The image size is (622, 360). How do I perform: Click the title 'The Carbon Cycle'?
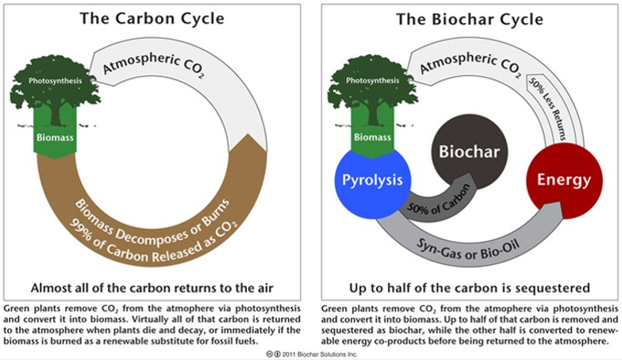coord(152,19)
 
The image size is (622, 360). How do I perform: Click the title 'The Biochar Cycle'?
coord(470,19)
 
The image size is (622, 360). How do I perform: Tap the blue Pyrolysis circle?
coord(372,181)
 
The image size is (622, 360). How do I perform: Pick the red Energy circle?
coord(564,181)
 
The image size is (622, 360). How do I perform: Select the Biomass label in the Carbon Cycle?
coord(55,138)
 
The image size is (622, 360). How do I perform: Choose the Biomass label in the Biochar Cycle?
coord(373,137)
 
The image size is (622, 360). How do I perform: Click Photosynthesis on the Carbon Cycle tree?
coord(56,81)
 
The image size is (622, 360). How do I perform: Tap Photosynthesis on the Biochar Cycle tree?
coord(373,81)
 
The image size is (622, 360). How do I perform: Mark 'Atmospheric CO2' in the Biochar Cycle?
coord(470,63)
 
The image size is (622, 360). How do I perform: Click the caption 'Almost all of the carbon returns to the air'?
coord(152,288)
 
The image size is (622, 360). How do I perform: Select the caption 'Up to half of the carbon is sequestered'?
coord(470,289)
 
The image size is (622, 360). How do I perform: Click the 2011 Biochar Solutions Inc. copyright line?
coord(311,354)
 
